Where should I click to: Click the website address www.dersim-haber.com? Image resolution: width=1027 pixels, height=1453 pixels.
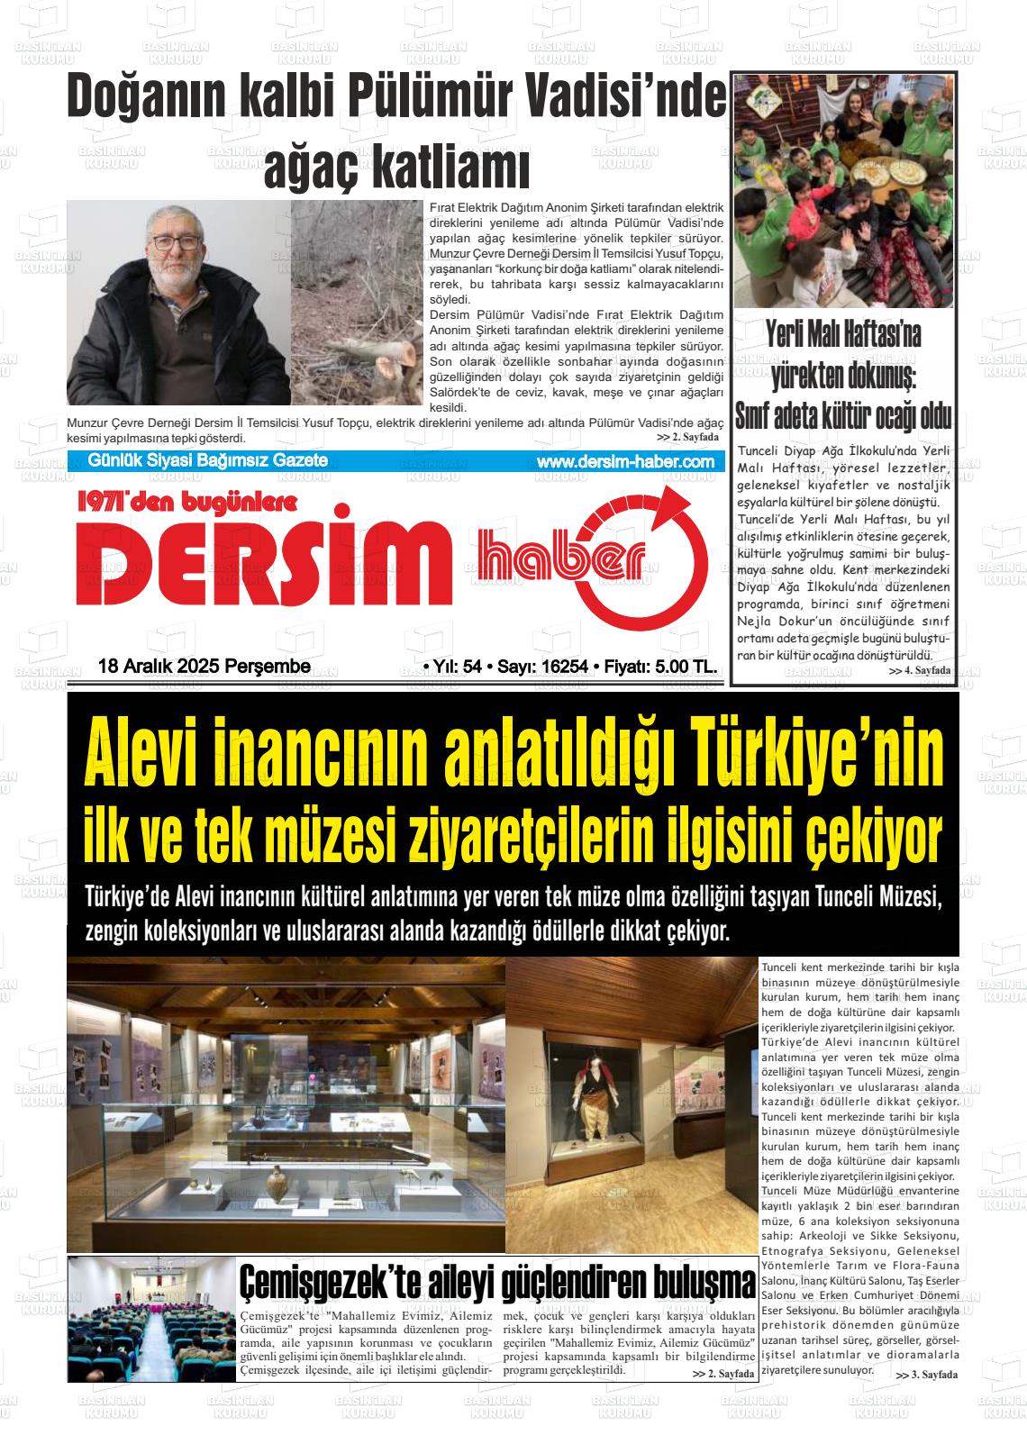624,461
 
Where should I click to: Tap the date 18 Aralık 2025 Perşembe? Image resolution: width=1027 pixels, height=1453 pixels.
204,667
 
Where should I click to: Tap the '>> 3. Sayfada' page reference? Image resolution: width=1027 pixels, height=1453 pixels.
927,1375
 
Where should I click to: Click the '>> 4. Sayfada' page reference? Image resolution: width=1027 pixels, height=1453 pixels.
919,671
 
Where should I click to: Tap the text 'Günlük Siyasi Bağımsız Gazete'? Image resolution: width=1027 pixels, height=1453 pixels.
207,460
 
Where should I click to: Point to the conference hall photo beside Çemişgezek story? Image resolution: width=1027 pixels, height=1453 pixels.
151,1319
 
